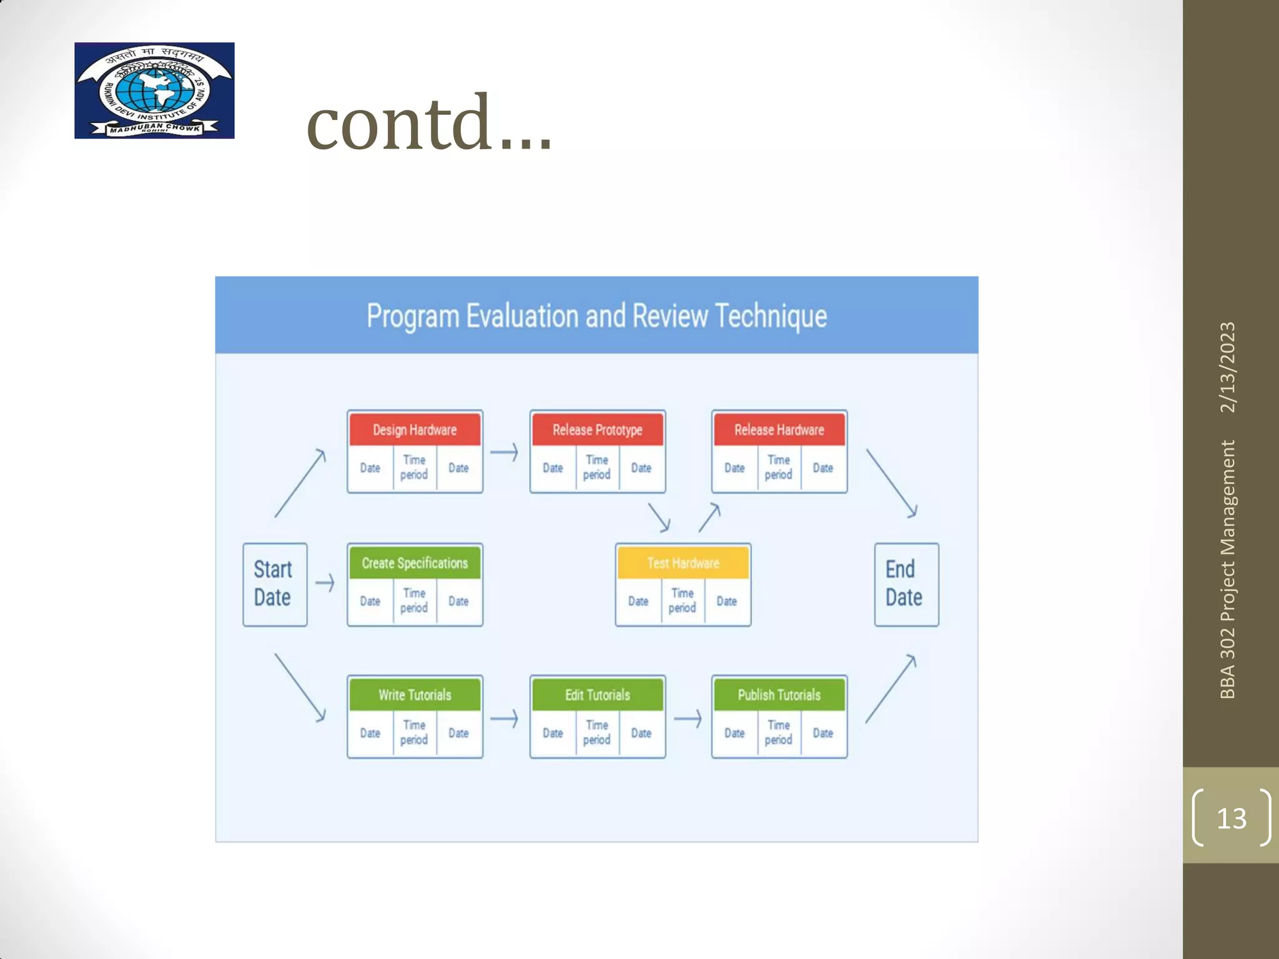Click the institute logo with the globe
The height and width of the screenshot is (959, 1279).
pyautogui.click(x=154, y=91)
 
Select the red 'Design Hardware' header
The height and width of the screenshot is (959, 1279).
pyautogui.click(x=415, y=430)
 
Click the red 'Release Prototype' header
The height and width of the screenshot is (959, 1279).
pyautogui.click(x=597, y=430)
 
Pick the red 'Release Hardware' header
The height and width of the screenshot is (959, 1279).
pyautogui.click(x=779, y=430)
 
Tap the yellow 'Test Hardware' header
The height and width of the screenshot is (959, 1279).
pyautogui.click(x=683, y=563)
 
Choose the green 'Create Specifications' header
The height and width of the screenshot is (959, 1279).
pyautogui.click(x=415, y=563)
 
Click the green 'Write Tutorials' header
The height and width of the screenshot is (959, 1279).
pyautogui.click(x=415, y=695)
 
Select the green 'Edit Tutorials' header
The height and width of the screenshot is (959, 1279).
pyautogui.click(x=597, y=695)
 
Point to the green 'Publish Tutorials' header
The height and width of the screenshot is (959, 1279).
pyautogui.click(x=779, y=695)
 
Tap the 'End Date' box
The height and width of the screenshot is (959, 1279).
pyautogui.click(x=906, y=584)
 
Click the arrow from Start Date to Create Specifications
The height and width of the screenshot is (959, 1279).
pyautogui.click(x=325, y=583)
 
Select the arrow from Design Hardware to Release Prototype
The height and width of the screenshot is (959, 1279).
pyautogui.click(x=505, y=451)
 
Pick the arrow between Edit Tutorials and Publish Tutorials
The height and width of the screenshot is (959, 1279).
pyautogui.click(x=688, y=719)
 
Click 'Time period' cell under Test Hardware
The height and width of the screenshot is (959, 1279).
pyautogui.click(x=682, y=601)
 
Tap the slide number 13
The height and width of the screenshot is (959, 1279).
pyautogui.click(x=1231, y=818)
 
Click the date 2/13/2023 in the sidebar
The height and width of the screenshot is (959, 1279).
pyautogui.click(x=1227, y=367)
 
